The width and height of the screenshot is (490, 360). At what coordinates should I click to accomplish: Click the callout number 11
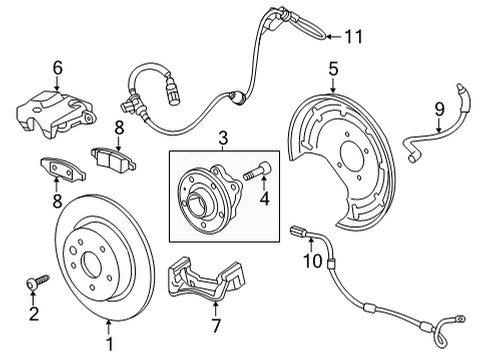353,36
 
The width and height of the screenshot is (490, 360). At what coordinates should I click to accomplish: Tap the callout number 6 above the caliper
58,68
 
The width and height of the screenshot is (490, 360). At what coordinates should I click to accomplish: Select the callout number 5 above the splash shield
333,69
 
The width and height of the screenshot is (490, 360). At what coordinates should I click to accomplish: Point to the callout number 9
439,109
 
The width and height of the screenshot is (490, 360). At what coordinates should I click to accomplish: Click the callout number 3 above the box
223,138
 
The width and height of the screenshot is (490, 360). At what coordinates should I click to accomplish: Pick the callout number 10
312,261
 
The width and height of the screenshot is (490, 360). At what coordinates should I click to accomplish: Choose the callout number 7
216,325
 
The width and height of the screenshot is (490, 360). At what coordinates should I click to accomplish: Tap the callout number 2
34,314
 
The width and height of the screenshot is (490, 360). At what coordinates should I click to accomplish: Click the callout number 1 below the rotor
109,344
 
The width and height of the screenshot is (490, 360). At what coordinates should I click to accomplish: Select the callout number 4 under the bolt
264,199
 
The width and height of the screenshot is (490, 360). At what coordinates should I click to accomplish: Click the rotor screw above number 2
37,281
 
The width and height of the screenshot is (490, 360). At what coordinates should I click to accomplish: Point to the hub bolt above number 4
257,171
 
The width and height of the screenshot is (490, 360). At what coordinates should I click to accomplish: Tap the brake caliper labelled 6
55,113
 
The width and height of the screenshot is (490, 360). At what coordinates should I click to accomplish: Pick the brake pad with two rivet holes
63,169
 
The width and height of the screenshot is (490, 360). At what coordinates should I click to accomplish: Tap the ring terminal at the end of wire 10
460,319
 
